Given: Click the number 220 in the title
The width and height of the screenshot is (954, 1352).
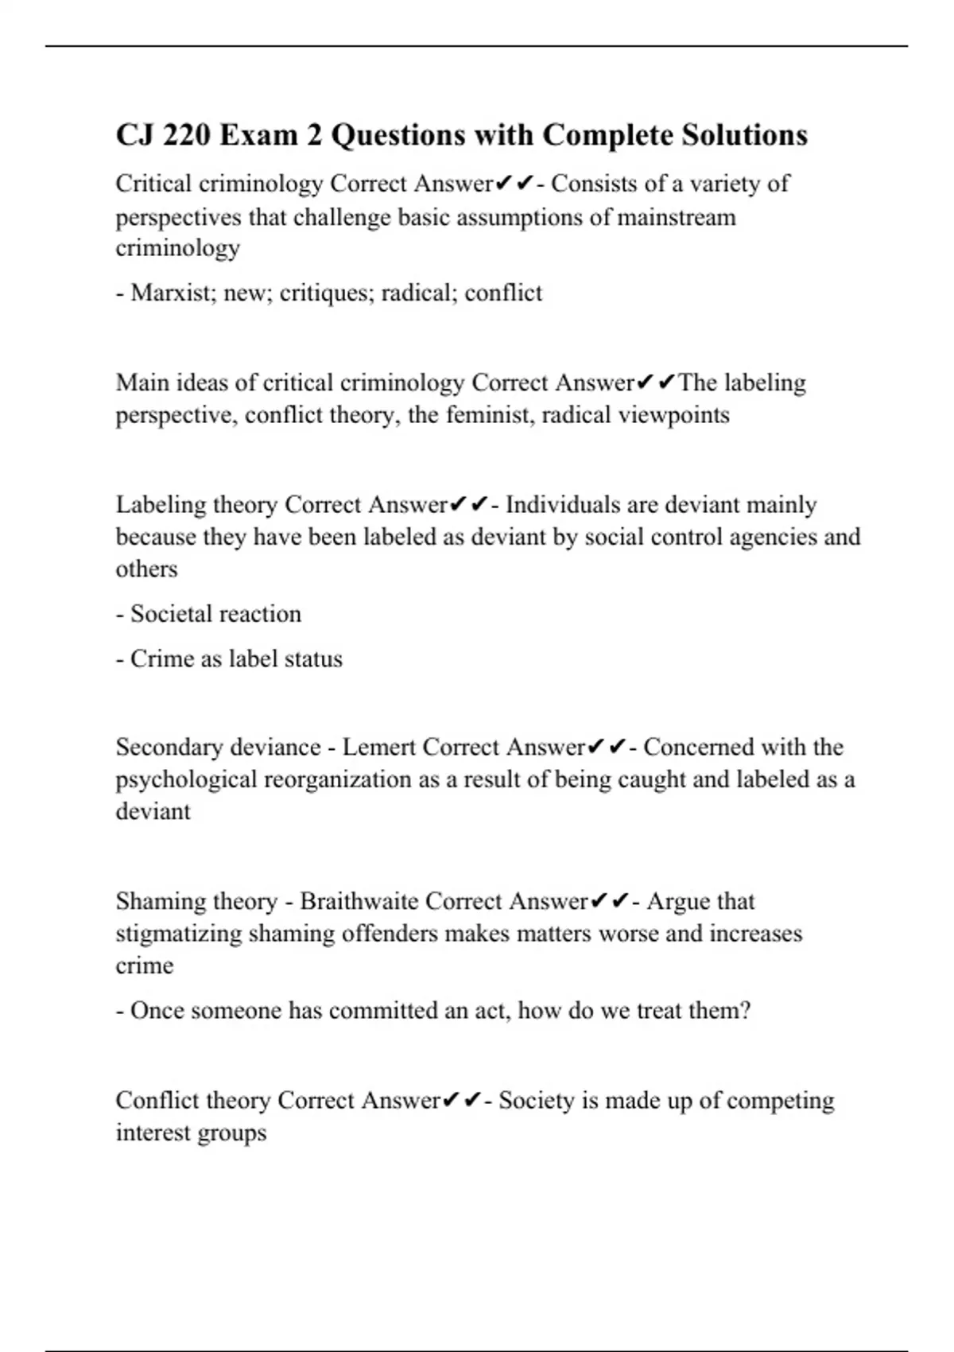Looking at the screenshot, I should [x=186, y=135].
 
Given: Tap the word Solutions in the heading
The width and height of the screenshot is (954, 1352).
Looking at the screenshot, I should [x=743, y=135].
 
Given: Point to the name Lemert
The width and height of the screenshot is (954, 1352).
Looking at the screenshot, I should [x=379, y=747].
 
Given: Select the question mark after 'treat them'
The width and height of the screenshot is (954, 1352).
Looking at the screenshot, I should [x=744, y=1011].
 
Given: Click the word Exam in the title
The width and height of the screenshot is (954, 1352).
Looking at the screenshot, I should [x=259, y=135].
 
